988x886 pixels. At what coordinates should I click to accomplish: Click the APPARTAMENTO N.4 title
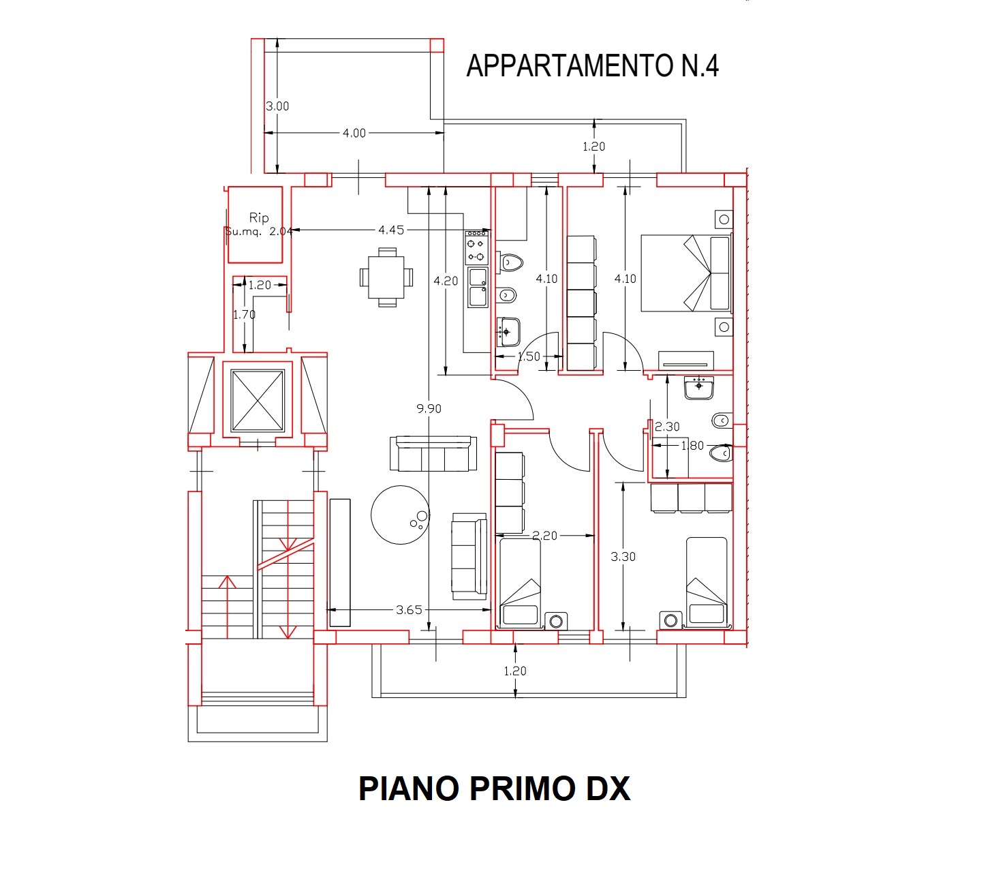592,66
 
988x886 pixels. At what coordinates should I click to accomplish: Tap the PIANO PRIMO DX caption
494,789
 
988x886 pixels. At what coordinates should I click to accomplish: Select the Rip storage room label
259,217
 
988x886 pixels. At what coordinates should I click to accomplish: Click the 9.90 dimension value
429,408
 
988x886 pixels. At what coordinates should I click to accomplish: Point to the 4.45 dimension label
391,230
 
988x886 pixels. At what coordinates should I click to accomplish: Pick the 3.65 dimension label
409,610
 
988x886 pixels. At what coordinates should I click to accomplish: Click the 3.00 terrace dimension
277,106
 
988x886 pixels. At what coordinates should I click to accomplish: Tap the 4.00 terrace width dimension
354,133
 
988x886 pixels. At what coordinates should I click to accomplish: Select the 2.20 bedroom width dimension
544,536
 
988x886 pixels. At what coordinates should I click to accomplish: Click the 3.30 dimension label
623,557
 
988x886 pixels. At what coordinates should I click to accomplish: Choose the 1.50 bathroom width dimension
529,356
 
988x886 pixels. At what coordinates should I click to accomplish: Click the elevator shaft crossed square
258,401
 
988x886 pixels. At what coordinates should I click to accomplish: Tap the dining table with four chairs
387,277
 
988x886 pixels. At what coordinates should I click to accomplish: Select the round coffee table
401,515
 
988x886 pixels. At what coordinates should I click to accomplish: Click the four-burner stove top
476,247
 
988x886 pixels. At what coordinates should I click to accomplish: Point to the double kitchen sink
478,288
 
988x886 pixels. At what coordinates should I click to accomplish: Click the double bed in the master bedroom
687,273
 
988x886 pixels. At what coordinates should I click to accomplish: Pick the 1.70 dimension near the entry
244,315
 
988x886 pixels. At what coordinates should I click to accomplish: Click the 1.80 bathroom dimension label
692,446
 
